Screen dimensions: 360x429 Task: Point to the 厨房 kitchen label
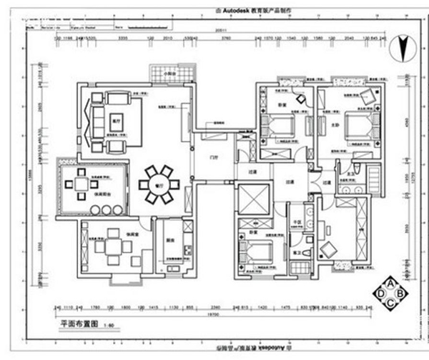pyautogui.click(x=169, y=241)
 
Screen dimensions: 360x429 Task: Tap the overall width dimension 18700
pyautogui.click(x=213, y=314)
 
